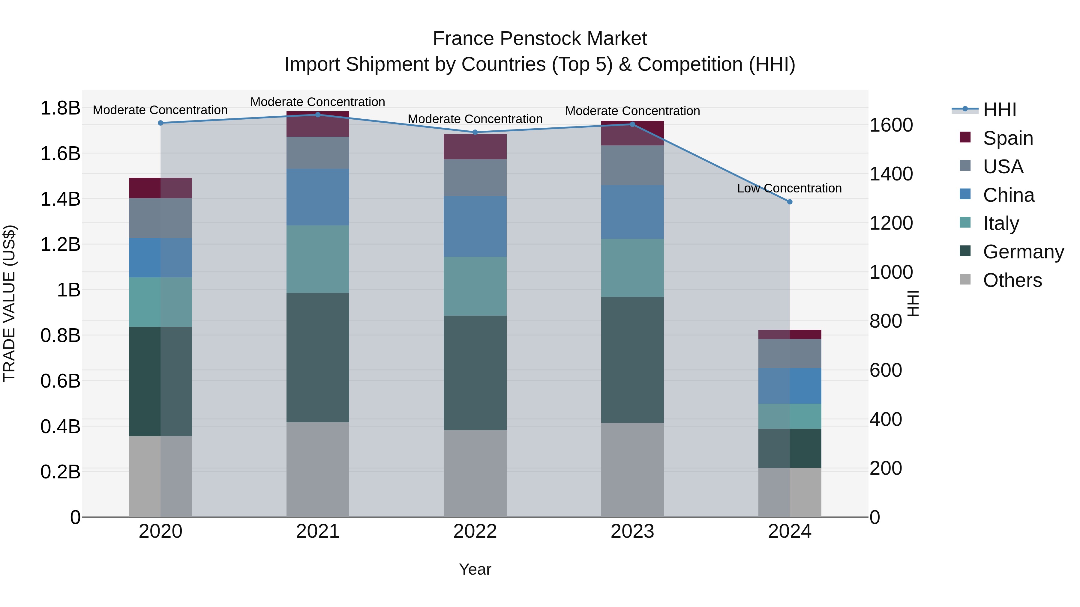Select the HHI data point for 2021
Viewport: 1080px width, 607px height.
[x=318, y=115]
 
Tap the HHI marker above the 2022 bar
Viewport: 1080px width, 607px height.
[x=475, y=132]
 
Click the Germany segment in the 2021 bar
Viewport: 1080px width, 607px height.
[x=318, y=357]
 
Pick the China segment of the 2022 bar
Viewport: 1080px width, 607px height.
[x=475, y=227]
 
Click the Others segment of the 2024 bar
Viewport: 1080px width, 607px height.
[x=790, y=492]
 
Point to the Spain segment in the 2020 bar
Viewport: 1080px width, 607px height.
[x=160, y=188]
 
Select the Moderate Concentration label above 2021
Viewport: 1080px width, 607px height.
[x=317, y=102]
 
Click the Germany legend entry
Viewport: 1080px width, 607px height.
[x=1023, y=252]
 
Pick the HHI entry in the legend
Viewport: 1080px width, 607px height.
[x=1000, y=110]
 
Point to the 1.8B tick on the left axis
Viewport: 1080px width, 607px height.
[x=60, y=108]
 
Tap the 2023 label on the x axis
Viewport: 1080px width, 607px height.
[x=632, y=531]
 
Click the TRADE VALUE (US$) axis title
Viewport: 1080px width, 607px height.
[x=10, y=303]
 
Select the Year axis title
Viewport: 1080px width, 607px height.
[x=475, y=569]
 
